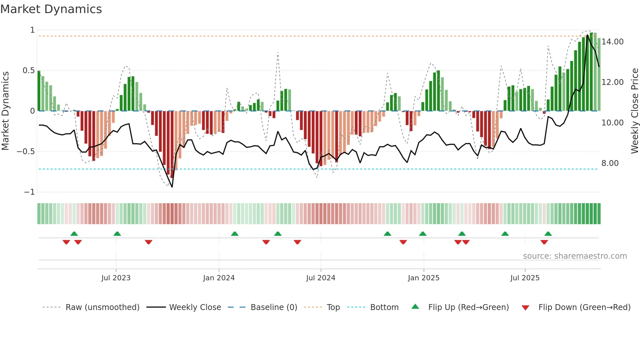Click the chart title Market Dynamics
point(51,9)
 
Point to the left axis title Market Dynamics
point(5,111)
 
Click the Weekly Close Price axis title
point(634,111)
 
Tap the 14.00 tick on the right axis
point(612,42)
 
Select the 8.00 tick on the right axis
point(610,163)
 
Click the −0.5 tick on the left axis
point(25,152)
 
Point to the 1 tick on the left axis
point(32,30)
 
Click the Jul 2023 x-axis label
point(116,278)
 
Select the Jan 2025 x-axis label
point(424,278)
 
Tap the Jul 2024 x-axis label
point(320,278)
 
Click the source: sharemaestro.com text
point(575,256)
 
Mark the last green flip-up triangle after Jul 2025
point(548,234)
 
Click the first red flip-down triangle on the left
point(66,242)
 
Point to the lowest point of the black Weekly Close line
point(172,187)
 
